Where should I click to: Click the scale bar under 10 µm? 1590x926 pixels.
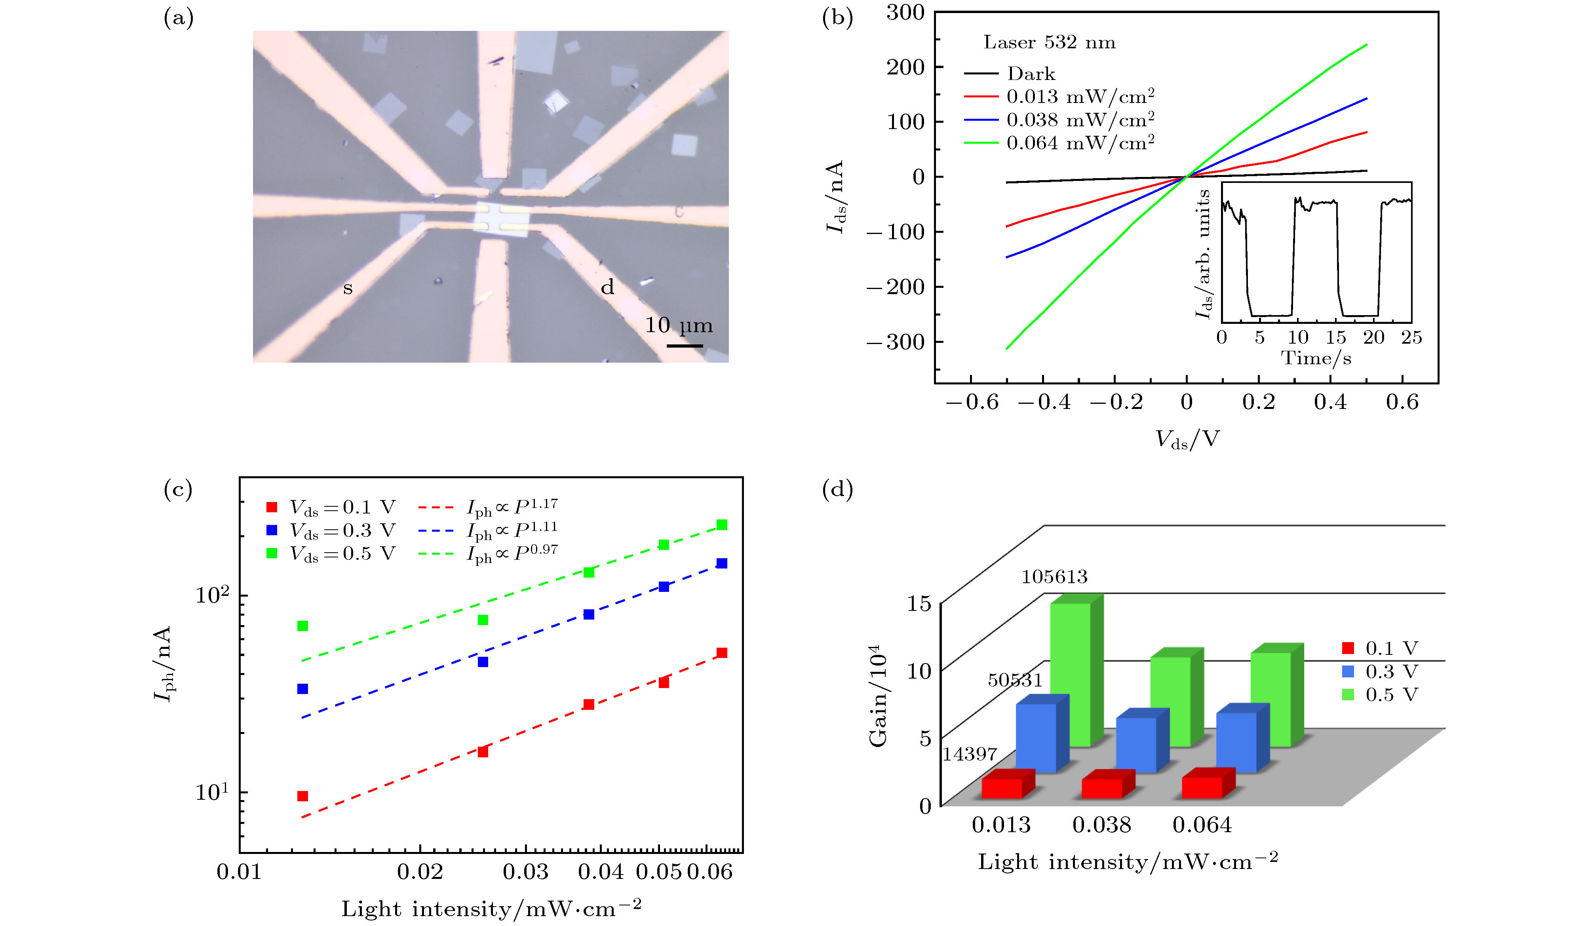point(685,346)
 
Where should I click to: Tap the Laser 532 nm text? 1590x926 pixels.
point(1049,42)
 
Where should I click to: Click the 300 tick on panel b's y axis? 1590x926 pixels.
point(905,13)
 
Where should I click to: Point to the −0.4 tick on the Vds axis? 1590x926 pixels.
point(1044,403)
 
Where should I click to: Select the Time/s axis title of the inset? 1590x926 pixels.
point(1316,358)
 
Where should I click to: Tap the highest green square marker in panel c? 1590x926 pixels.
point(722,525)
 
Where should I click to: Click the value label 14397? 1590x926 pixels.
point(969,754)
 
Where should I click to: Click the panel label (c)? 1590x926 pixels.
point(178,489)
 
